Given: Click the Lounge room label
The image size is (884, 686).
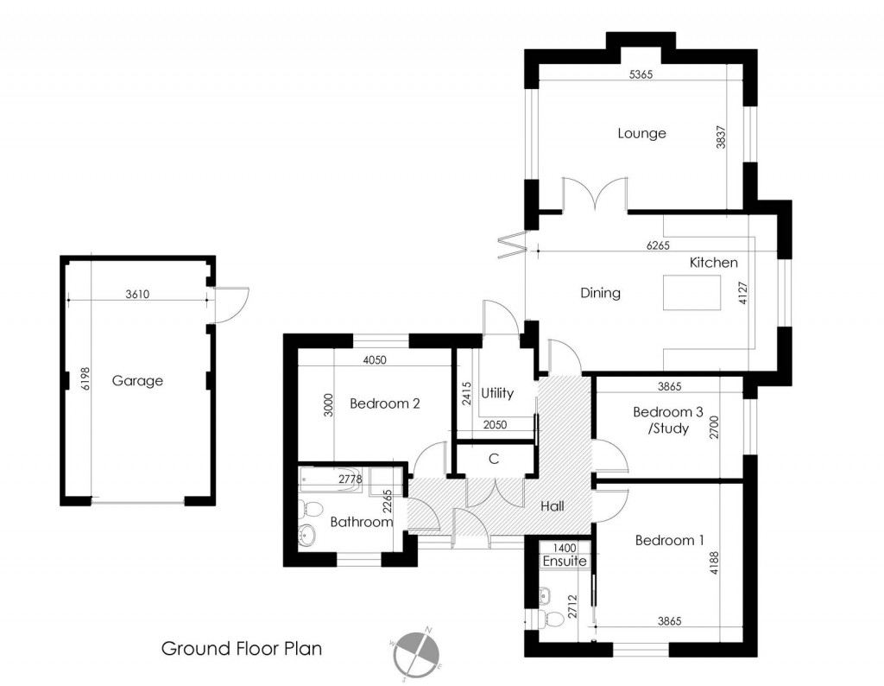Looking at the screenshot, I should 641,134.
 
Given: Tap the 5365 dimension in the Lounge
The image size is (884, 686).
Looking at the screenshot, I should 641,75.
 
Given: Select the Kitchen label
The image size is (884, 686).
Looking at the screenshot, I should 713,263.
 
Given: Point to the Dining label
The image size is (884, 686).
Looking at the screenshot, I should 600,293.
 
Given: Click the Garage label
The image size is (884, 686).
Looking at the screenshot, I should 137,380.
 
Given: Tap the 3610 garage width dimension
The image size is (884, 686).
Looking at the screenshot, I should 137,294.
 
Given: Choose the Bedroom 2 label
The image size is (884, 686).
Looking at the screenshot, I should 385,403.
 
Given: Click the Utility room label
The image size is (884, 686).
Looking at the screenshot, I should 497,393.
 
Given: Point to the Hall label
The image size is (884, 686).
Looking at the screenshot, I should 552,505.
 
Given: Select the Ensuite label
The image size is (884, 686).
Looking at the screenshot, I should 565,562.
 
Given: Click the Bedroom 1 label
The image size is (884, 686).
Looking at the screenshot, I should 669,541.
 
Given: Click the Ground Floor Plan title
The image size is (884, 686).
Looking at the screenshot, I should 242,649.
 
